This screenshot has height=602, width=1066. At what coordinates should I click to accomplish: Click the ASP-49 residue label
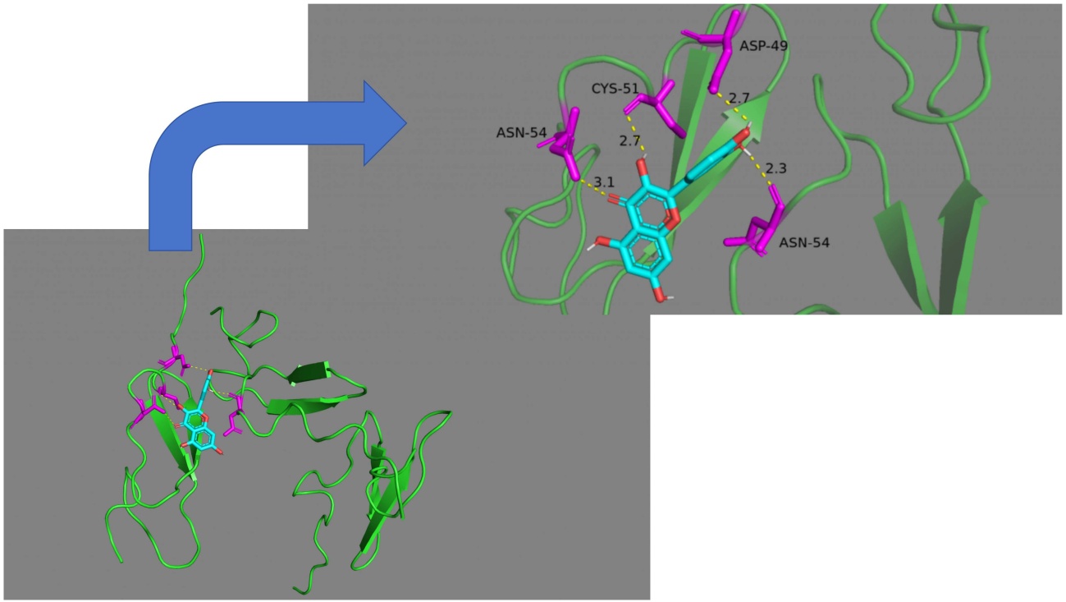762,46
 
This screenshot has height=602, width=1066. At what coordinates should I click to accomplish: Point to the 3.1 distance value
603,181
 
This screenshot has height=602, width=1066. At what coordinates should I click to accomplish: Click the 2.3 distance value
775,168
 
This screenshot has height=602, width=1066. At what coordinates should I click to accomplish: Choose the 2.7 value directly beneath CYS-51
629,141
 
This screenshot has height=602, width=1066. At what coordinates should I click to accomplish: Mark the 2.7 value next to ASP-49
739,98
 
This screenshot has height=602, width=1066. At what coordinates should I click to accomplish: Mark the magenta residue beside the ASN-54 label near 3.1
565,148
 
